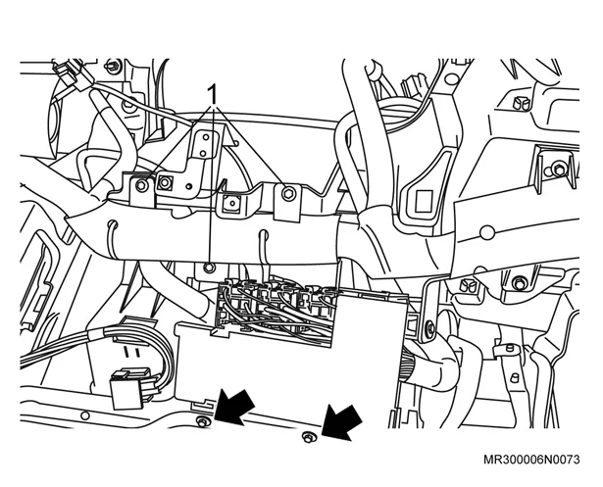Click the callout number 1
click(x=212, y=94)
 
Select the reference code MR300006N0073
click(x=531, y=460)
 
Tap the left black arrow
click(x=234, y=407)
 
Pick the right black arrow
click(x=341, y=422)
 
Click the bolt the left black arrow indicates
click(x=203, y=421)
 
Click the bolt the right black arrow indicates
click(x=308, y=437)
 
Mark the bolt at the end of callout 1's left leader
click(x=142, y=185)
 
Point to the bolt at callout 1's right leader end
click(x=288, y=193)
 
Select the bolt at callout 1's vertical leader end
click(x=209, y=268)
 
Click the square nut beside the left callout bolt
click(x=165, y=182)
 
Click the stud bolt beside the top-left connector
click(x=114, y=65)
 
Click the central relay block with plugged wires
click(x=275, y=312)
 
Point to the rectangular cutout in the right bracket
click(x=424, y=201)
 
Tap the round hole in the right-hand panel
click(x=487, y=232)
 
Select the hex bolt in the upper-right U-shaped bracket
click(x=557, y=169)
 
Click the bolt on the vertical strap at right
click(x=430, y=327)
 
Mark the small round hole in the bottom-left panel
click(x=85, y=415)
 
